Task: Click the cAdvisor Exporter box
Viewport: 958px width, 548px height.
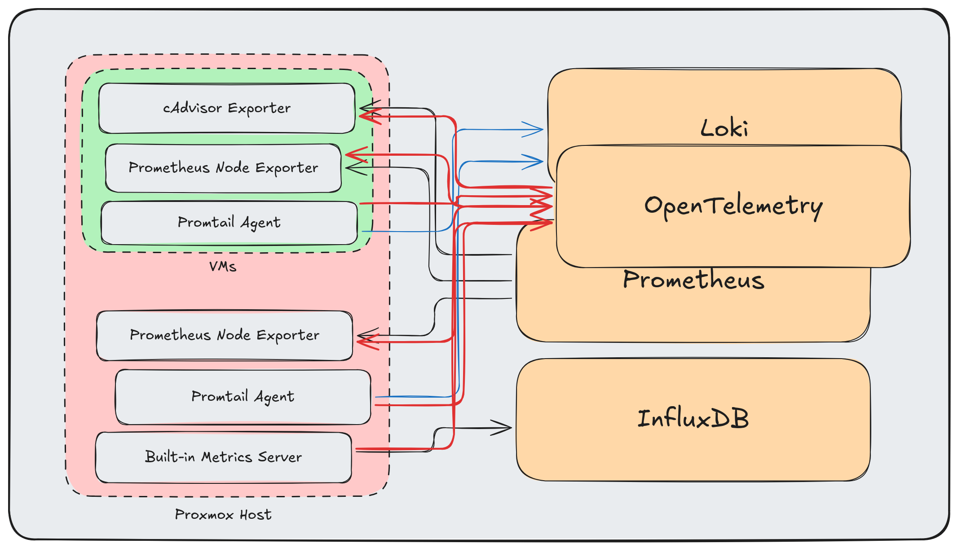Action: tap(227, 108)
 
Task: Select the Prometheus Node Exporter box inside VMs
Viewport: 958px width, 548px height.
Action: tap(223, 168)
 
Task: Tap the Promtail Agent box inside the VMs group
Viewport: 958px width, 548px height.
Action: tap(229, 223)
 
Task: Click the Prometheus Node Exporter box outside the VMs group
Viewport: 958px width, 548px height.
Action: tap(225, 335)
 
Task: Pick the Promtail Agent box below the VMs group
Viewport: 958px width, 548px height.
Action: tap(243, 397)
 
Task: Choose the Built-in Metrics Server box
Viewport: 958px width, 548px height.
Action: tap(223, 457)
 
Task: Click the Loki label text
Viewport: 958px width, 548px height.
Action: tap(724, 128)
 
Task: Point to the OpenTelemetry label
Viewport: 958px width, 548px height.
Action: tap(733, 206)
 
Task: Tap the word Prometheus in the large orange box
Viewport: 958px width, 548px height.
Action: tap(693, 280)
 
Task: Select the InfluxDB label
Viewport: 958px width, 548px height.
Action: tap(693, 419)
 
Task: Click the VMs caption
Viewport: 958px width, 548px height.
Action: tap(223, 267)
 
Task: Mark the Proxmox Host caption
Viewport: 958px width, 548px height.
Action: tap(223, 514)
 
